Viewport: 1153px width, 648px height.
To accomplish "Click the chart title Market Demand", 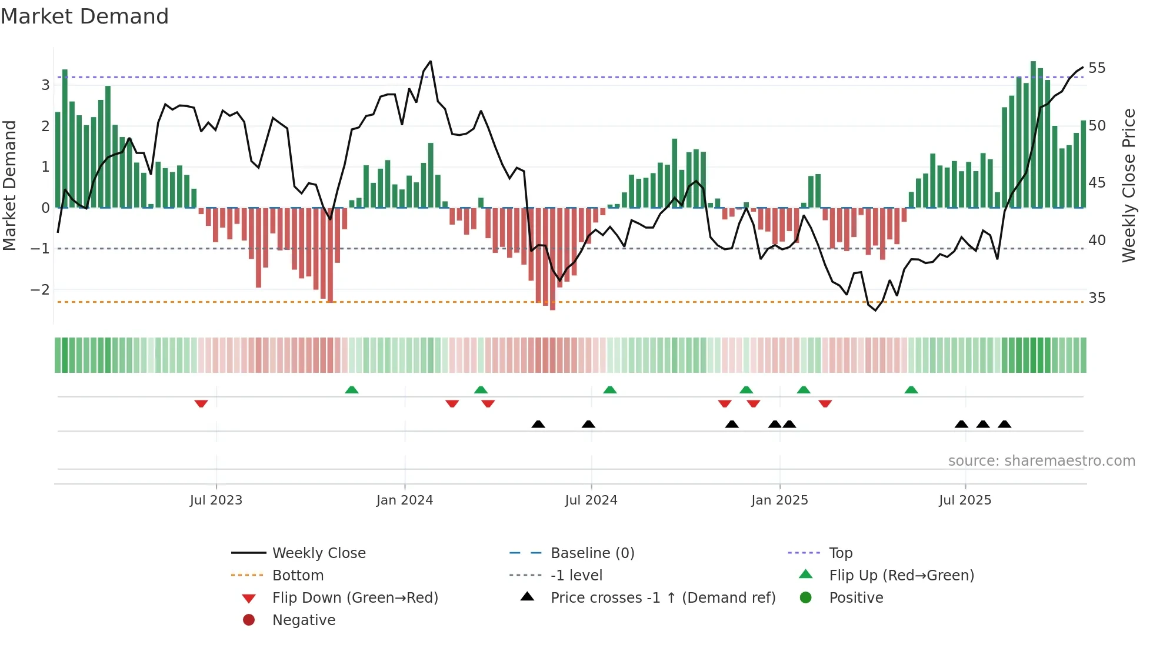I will click(x=85, y=16).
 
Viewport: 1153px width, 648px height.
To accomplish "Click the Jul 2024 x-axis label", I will click(x=591, y=500).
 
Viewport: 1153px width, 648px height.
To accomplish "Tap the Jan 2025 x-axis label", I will click(x=779, y=500).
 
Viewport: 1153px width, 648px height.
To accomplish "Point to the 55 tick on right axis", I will click(x=1097, y=68).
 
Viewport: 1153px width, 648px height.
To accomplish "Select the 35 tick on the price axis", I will click(x=1097, y=298).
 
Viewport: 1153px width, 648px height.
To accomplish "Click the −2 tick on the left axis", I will click(x=40, y=289).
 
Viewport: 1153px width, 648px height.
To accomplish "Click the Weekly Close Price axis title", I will click(x=1128, y=185).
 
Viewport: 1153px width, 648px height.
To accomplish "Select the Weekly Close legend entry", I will click(x=318, y=553).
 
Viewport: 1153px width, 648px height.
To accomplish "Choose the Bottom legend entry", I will click(x=298, y=576).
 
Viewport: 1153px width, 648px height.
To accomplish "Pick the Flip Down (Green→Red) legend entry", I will click(x=355, y=598).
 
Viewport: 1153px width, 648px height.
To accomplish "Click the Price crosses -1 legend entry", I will click(x=662, y=598).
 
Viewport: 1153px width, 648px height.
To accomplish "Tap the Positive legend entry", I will click(x=855, y=598).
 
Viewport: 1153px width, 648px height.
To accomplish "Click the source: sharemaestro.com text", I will click(x=1041, y=461).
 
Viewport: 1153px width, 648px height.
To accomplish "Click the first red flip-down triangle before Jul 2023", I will click(x=201, y=403).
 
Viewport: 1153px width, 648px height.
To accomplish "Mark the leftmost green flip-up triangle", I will click(x=351, y=390).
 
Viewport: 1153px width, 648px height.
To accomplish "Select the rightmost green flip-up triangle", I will click(x=911, y=390).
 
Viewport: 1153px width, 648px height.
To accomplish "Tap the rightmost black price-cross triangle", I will click(x=1004, y=424).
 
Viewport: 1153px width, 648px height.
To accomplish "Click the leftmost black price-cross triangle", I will click(x=538, y=424).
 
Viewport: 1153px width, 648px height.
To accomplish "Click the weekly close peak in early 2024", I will click(x=431, y=61).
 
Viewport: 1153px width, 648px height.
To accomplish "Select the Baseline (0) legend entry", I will click(x=592, y=553).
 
